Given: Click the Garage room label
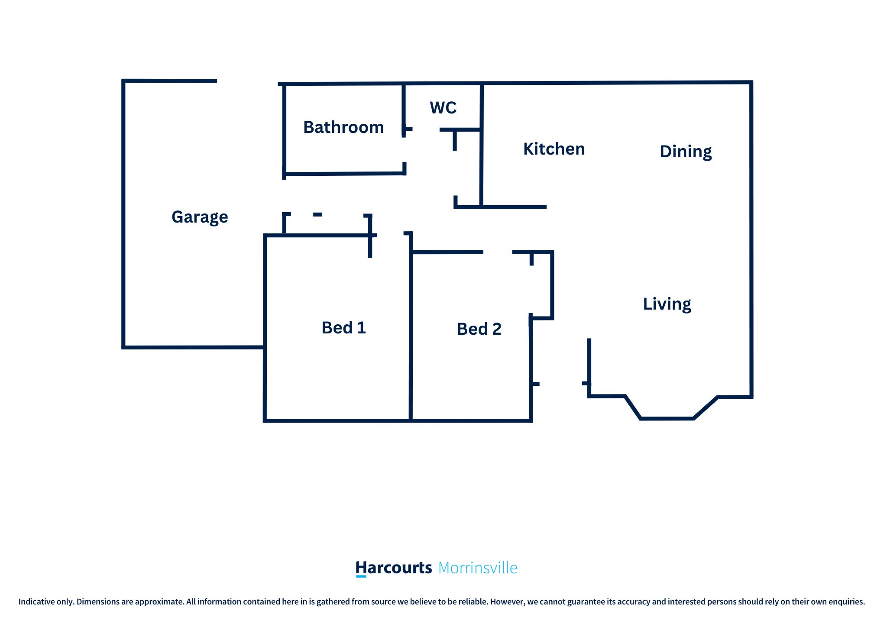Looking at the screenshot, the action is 200,217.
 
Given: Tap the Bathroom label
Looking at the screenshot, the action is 343,127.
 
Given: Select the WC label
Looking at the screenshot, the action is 443,108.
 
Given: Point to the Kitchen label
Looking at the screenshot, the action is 554,149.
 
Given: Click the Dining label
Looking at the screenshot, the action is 686,152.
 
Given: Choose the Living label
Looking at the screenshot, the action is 667,304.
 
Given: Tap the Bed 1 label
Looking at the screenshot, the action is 344,328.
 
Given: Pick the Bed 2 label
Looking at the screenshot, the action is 479,329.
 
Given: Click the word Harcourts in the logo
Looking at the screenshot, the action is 394,568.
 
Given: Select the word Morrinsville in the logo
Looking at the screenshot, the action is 478,568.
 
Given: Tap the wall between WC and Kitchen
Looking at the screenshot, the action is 481,145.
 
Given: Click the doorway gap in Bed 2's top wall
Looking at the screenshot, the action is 498,252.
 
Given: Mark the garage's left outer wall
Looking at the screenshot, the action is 123,214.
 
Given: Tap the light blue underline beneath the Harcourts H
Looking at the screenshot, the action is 361,576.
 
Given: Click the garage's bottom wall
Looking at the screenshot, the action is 194,347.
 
